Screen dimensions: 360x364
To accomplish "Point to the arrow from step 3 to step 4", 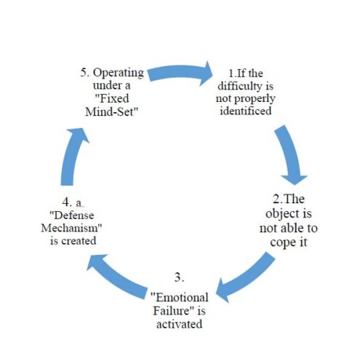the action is (x=116, y=275).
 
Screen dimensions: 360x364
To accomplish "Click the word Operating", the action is (x=119, y=73).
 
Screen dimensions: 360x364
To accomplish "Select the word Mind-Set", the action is (x=112, y=111).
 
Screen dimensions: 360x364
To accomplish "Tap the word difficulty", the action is (x=240, y=86).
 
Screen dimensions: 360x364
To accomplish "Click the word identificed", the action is (x=246, y=111).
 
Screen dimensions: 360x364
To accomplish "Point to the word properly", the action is (x=255, y=99).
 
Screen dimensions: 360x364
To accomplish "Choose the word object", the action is (x=282, y=214).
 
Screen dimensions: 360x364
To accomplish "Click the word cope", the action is (x=282, y=242).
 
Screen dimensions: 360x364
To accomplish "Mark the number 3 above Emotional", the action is (x=179, y=277).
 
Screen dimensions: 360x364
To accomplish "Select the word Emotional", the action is (x=180, y=298).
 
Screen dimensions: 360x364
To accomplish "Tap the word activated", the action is (x=180, y=324).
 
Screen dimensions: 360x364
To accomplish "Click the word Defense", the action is (x=72, y=215).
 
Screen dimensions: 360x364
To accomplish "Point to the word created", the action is (x=79, y=241).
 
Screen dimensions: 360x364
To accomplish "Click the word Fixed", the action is (x=112, y=98).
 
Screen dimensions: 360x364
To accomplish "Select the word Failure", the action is (x=171, y=311).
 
